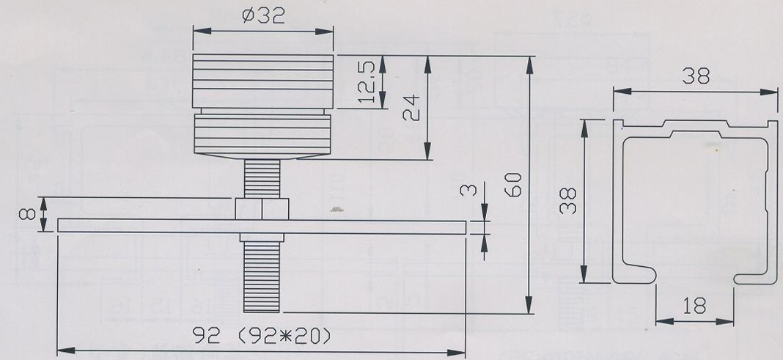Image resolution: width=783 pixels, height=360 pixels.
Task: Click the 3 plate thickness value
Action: (x=470, y=191)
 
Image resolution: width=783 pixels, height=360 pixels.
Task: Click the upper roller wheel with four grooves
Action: (x=264, y=81)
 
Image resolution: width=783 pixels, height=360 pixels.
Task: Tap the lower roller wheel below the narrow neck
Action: (x=264, y=136)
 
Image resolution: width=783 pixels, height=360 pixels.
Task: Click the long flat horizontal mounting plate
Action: (x=367, y=226)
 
